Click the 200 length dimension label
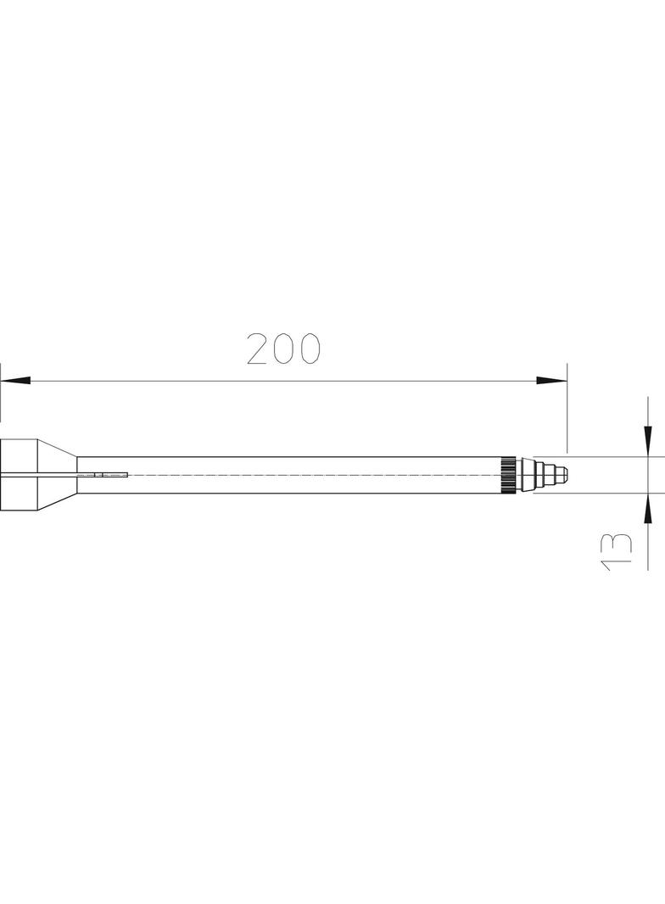282,349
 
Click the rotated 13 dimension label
617,552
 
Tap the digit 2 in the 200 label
258,349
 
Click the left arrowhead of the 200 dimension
15,381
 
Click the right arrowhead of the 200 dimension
552,381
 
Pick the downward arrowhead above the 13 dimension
648,441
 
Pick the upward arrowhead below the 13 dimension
648,509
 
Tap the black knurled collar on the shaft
508,475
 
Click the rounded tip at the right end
566,475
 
